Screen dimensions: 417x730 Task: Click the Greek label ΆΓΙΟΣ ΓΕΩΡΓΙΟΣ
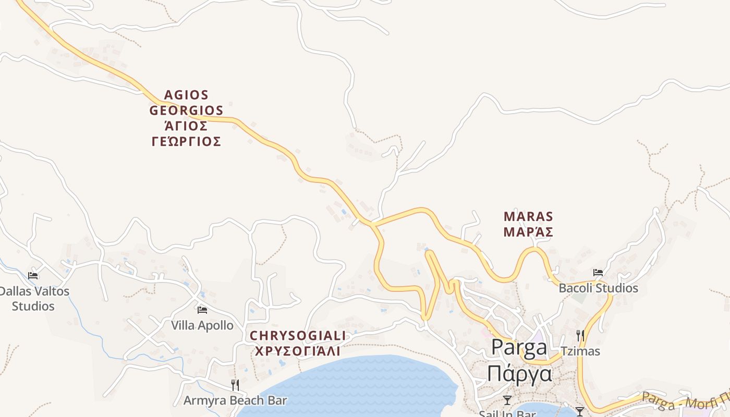click(x=186, y=133)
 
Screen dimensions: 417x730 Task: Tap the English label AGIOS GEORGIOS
click(x=186, y=103)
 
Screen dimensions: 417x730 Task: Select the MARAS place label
click(x=528, y=216)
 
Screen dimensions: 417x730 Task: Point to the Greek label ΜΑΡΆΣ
click(x=528, y=232)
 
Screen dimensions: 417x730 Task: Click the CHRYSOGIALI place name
click(x=298, y=335)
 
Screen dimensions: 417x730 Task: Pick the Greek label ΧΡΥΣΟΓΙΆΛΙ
click(x=298, y=351)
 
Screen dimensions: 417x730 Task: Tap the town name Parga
click(x=519, y=348)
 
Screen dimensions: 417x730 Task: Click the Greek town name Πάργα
click(x=519, y=373)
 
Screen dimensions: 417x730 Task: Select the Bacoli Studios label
click(x=598, y=288)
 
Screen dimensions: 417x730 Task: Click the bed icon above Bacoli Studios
click(x=598, y=272)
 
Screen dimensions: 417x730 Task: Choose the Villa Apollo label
click(x=202, y=325)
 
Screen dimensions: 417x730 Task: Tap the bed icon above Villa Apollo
click(x=202, y=310)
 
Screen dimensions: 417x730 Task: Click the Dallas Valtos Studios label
click(x=33, y=298)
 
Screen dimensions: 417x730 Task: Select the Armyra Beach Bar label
click(x=235, y=400)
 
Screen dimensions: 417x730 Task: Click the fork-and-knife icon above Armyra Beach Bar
click(x=235, y=385)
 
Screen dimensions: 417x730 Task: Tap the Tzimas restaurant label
click(x=580, y=351)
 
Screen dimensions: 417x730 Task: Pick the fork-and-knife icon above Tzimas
click(x=580, y=335)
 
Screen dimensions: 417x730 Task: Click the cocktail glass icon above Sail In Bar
click(x=507, y=400)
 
